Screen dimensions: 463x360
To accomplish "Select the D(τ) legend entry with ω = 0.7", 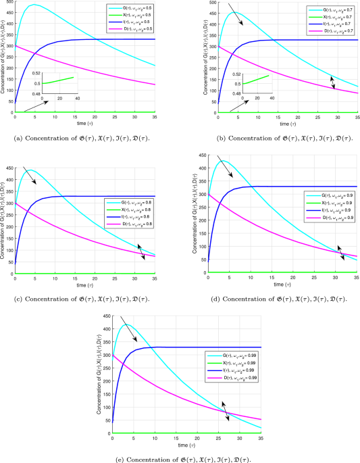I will (x=324, y=31).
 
